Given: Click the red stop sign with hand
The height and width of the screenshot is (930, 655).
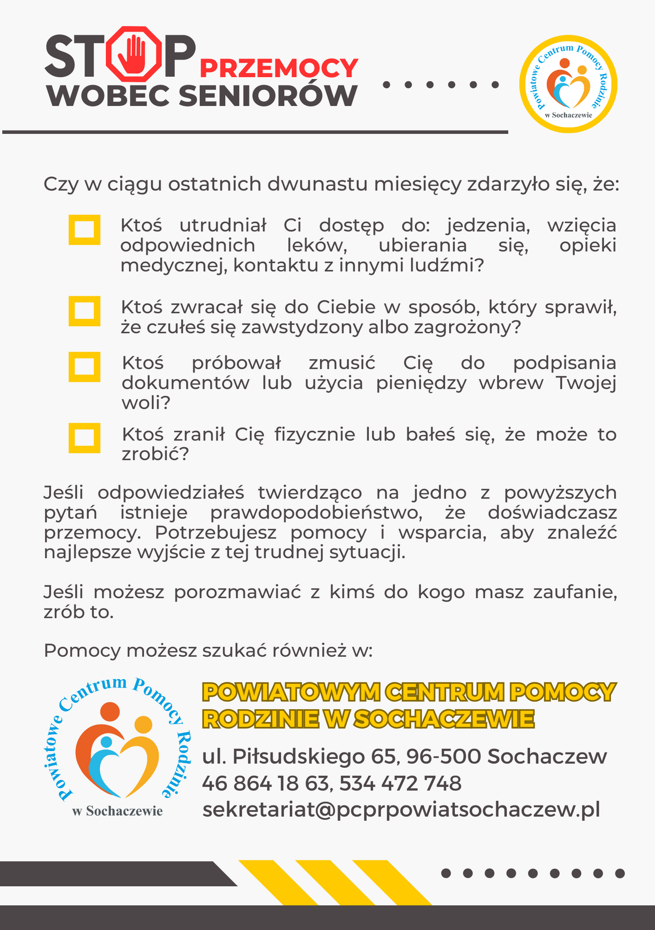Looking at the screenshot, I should click(x=134, y=54).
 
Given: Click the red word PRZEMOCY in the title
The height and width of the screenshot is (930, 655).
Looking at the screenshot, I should click(x=279, y=68).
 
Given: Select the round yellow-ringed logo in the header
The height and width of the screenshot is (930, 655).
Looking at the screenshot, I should click(x=568, y=84).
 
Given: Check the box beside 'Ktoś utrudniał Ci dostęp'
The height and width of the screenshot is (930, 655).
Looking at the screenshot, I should click(x=84, y=229).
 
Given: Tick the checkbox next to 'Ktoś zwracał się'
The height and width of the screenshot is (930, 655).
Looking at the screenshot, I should click(x=84, y=311).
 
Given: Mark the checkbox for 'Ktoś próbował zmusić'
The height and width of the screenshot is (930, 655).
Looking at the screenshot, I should click(x=84, y=366).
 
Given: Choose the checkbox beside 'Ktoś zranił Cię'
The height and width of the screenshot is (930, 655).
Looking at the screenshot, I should click(x=84, y=438).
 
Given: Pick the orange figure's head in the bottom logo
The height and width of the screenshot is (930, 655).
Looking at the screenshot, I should click(x=110, y=712).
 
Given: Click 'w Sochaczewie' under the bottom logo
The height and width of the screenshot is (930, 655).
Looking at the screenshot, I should click(x=118, y=811).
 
